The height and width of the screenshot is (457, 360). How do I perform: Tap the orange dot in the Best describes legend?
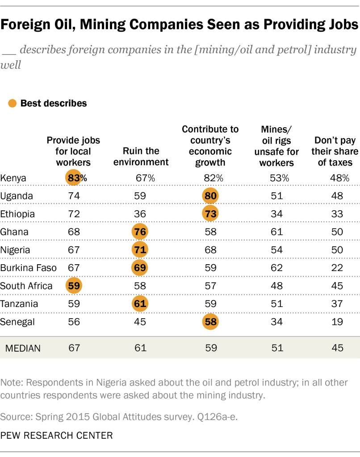13,103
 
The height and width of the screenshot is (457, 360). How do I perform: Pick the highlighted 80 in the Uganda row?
210,196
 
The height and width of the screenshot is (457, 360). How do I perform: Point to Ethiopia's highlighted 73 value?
210,214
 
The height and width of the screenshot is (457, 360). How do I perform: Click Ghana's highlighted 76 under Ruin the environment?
141,232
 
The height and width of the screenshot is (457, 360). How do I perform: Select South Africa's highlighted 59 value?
74,285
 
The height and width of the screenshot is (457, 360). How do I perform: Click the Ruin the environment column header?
141,157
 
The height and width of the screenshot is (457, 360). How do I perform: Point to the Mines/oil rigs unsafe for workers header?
276,146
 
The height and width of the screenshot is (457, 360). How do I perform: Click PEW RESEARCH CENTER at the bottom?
56,434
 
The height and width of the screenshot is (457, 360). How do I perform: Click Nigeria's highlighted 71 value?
141,249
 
